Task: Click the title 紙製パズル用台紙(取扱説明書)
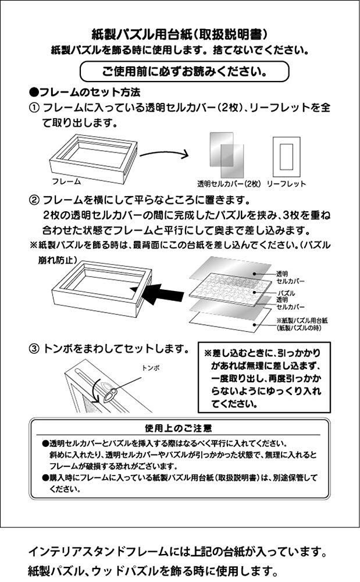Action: [180, 34]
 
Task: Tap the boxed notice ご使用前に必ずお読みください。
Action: [184, 71]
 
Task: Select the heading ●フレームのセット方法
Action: [84, 92]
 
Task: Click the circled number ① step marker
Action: [34, 108]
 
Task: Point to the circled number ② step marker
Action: [34, 200]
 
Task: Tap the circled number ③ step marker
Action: [34, 349]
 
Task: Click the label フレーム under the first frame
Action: [66, 182]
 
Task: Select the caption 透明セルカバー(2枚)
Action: [229, 184]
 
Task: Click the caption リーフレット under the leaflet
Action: [286, 184]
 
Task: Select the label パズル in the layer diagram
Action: [287, 293]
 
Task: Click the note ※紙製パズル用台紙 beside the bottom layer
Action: [302, 324]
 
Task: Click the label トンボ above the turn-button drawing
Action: [151, 368]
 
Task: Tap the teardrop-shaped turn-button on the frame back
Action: [110, 394]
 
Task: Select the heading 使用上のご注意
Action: [179, 428]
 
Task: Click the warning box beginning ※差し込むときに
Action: [264, 378]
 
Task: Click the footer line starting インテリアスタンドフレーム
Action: [177, 552]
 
